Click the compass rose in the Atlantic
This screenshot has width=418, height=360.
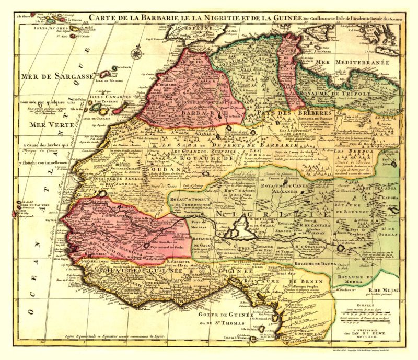(137, 53)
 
